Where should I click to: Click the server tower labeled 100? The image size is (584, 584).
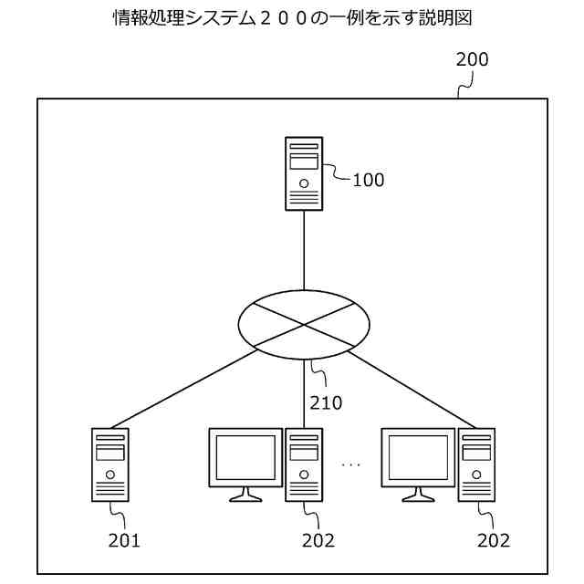[304, 173]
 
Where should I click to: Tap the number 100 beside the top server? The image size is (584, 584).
[368, 180]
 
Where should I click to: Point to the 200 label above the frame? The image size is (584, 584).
[472, 61]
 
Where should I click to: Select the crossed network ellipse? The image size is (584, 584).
[304, 324]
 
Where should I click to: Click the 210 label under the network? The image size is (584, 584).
[326, 402]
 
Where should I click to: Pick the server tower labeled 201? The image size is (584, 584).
[110, 464]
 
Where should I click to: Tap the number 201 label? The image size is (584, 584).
[124, 541]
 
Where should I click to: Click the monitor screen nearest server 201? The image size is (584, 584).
[245, 457]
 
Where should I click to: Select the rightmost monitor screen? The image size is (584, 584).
[417, 457]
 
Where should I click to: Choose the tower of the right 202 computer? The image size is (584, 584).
[476, 464]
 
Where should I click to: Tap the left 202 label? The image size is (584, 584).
[318, 541]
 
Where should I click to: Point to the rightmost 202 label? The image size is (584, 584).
[493, 541]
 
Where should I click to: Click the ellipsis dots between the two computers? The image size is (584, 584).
[351, 465]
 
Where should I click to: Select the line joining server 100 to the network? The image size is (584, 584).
[304, 251]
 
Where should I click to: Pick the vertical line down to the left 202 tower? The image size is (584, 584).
[304, 392]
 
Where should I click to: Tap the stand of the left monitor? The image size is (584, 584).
[245, 495]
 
